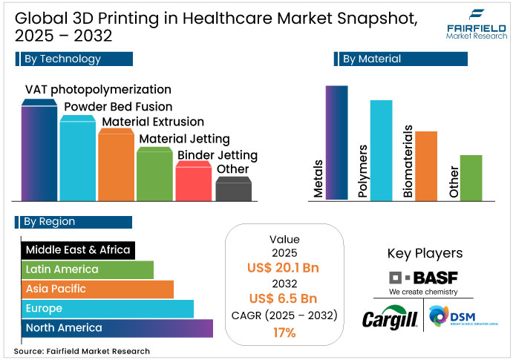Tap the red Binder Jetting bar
click(x=193, y=182)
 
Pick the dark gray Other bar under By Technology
click(x=233, y=190)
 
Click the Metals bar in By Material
click(x=336, y=143)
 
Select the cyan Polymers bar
click(x=381, y=150)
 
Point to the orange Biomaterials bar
click(x=426, y=166)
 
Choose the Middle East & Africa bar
click(x=77, y=249)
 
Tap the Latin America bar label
click(x=62, y=269)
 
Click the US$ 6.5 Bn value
click(x=284, y=298)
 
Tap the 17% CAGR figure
click(x=284, y=333)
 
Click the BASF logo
click(x=424, y=279)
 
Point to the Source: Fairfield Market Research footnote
click(x=82, y=351)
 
